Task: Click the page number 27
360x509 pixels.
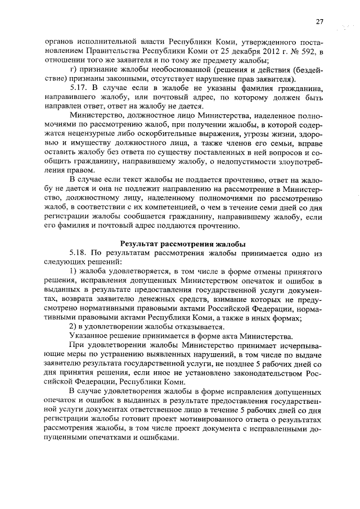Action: coord(319,21)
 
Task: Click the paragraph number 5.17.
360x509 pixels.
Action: coord(79,88)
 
